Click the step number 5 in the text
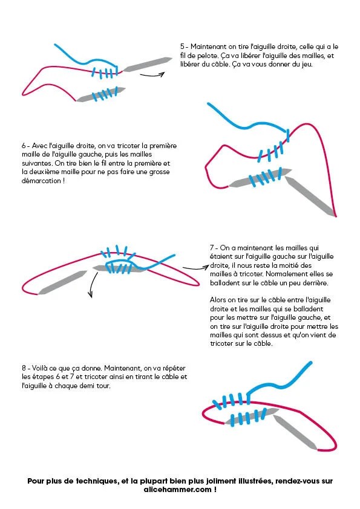[x=182, y=47]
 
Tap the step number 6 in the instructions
[x=24, y=146]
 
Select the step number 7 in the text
[x=212, y=248]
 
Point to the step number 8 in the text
[x=24, y=368]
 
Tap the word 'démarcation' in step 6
[x=41, y=181]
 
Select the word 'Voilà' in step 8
[x=41, y=368]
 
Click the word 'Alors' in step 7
[x=218, y=300]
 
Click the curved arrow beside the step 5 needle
[x=152, y=76]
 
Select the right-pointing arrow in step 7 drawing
[x=195, y=268]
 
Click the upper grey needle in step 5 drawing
[x=148, y=64]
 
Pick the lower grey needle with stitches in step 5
[x=100, y=94]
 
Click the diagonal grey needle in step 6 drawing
[x=310, y=196]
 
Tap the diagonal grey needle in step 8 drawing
[x=295, y=432]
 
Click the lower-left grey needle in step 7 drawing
[x=62, y=282]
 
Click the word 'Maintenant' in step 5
[x=209, y=47]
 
